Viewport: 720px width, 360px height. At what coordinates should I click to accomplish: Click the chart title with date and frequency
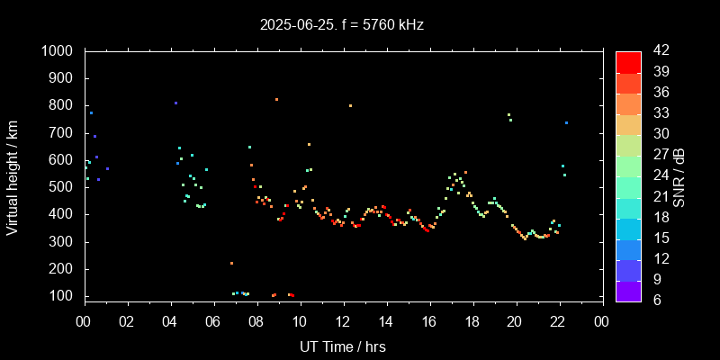(x=342, y=25)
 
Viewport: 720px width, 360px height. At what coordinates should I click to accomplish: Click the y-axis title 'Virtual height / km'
(x=13, y=175)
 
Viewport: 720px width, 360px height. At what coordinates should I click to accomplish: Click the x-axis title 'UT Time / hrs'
(x=343, y=346)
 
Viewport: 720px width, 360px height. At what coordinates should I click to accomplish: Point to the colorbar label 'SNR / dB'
(x=679, y=175)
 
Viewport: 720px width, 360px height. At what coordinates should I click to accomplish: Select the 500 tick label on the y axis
(x=62, y=187)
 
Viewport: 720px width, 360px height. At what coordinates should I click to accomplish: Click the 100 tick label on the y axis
(x=62, y=296)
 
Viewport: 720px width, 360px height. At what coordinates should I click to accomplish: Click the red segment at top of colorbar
(x=628, y=61)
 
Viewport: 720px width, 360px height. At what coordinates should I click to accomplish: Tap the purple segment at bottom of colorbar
(x=628, y=291)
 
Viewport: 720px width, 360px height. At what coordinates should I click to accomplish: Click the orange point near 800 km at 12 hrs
(x=350, y=105)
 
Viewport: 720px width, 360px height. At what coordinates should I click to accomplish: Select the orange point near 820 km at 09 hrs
(x=276, y=99)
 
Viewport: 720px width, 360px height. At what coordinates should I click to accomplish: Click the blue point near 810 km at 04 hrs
(x=175, y=103)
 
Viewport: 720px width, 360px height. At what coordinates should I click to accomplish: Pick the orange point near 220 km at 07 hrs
(x=231, y=263)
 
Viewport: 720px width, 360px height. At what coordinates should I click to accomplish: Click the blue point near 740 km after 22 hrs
(x=566, y=122)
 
